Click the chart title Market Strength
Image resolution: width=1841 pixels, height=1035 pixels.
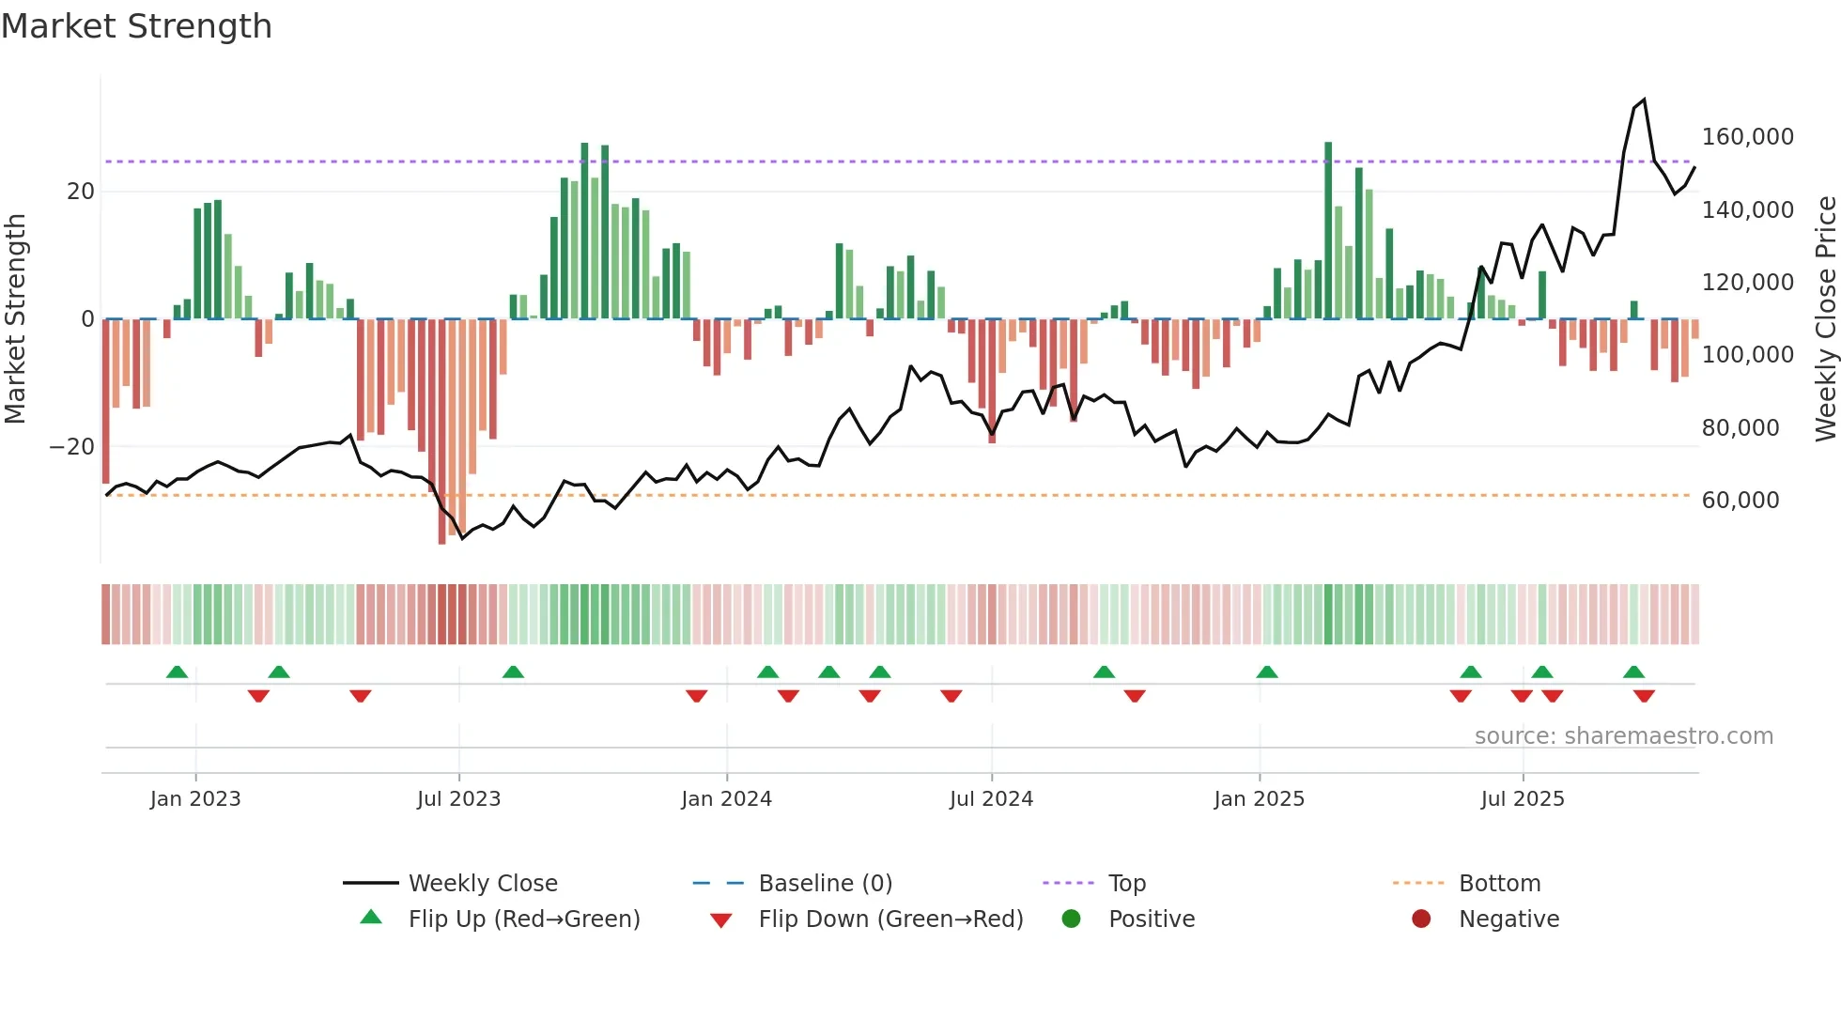click(x=136, y=26)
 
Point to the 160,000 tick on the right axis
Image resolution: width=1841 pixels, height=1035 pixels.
click(x=1747, y=137)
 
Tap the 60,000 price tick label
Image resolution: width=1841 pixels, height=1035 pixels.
click(x=1740, y=501)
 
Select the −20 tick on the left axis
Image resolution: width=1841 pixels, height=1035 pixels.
click(x=72, y=447)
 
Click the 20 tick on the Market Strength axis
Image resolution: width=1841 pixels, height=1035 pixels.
click(x=81, y=192)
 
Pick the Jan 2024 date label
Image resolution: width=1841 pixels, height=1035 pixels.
click(x=726, y=799)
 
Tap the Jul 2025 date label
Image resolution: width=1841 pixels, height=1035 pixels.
click(x=1523, y=799)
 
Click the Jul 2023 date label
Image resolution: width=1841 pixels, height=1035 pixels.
click(x=458, y=799)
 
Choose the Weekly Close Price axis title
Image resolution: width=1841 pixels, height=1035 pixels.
click(x=1825, y=318)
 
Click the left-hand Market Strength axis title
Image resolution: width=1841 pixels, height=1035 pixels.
click(x=15, y=318)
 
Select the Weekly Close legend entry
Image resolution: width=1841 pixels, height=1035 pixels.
click(x=483, y=884)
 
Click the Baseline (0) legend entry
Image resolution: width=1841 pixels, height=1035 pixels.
click(x=825, y=884)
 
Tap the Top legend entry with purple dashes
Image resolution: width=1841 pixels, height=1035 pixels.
click(x=1126, y=884)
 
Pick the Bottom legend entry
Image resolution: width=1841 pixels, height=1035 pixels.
click(x=1499, y=884)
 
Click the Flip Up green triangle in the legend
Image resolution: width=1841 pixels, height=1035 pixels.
click(x=371, y=918)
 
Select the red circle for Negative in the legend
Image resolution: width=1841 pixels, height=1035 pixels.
click(x=1421, y=919)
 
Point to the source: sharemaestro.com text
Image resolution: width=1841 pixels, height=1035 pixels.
click(x=1623, y=736)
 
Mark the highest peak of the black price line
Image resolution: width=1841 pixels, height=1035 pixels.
click(x=1644, y=100)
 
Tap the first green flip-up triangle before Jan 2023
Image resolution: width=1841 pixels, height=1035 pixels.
click(x=177, y=672)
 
